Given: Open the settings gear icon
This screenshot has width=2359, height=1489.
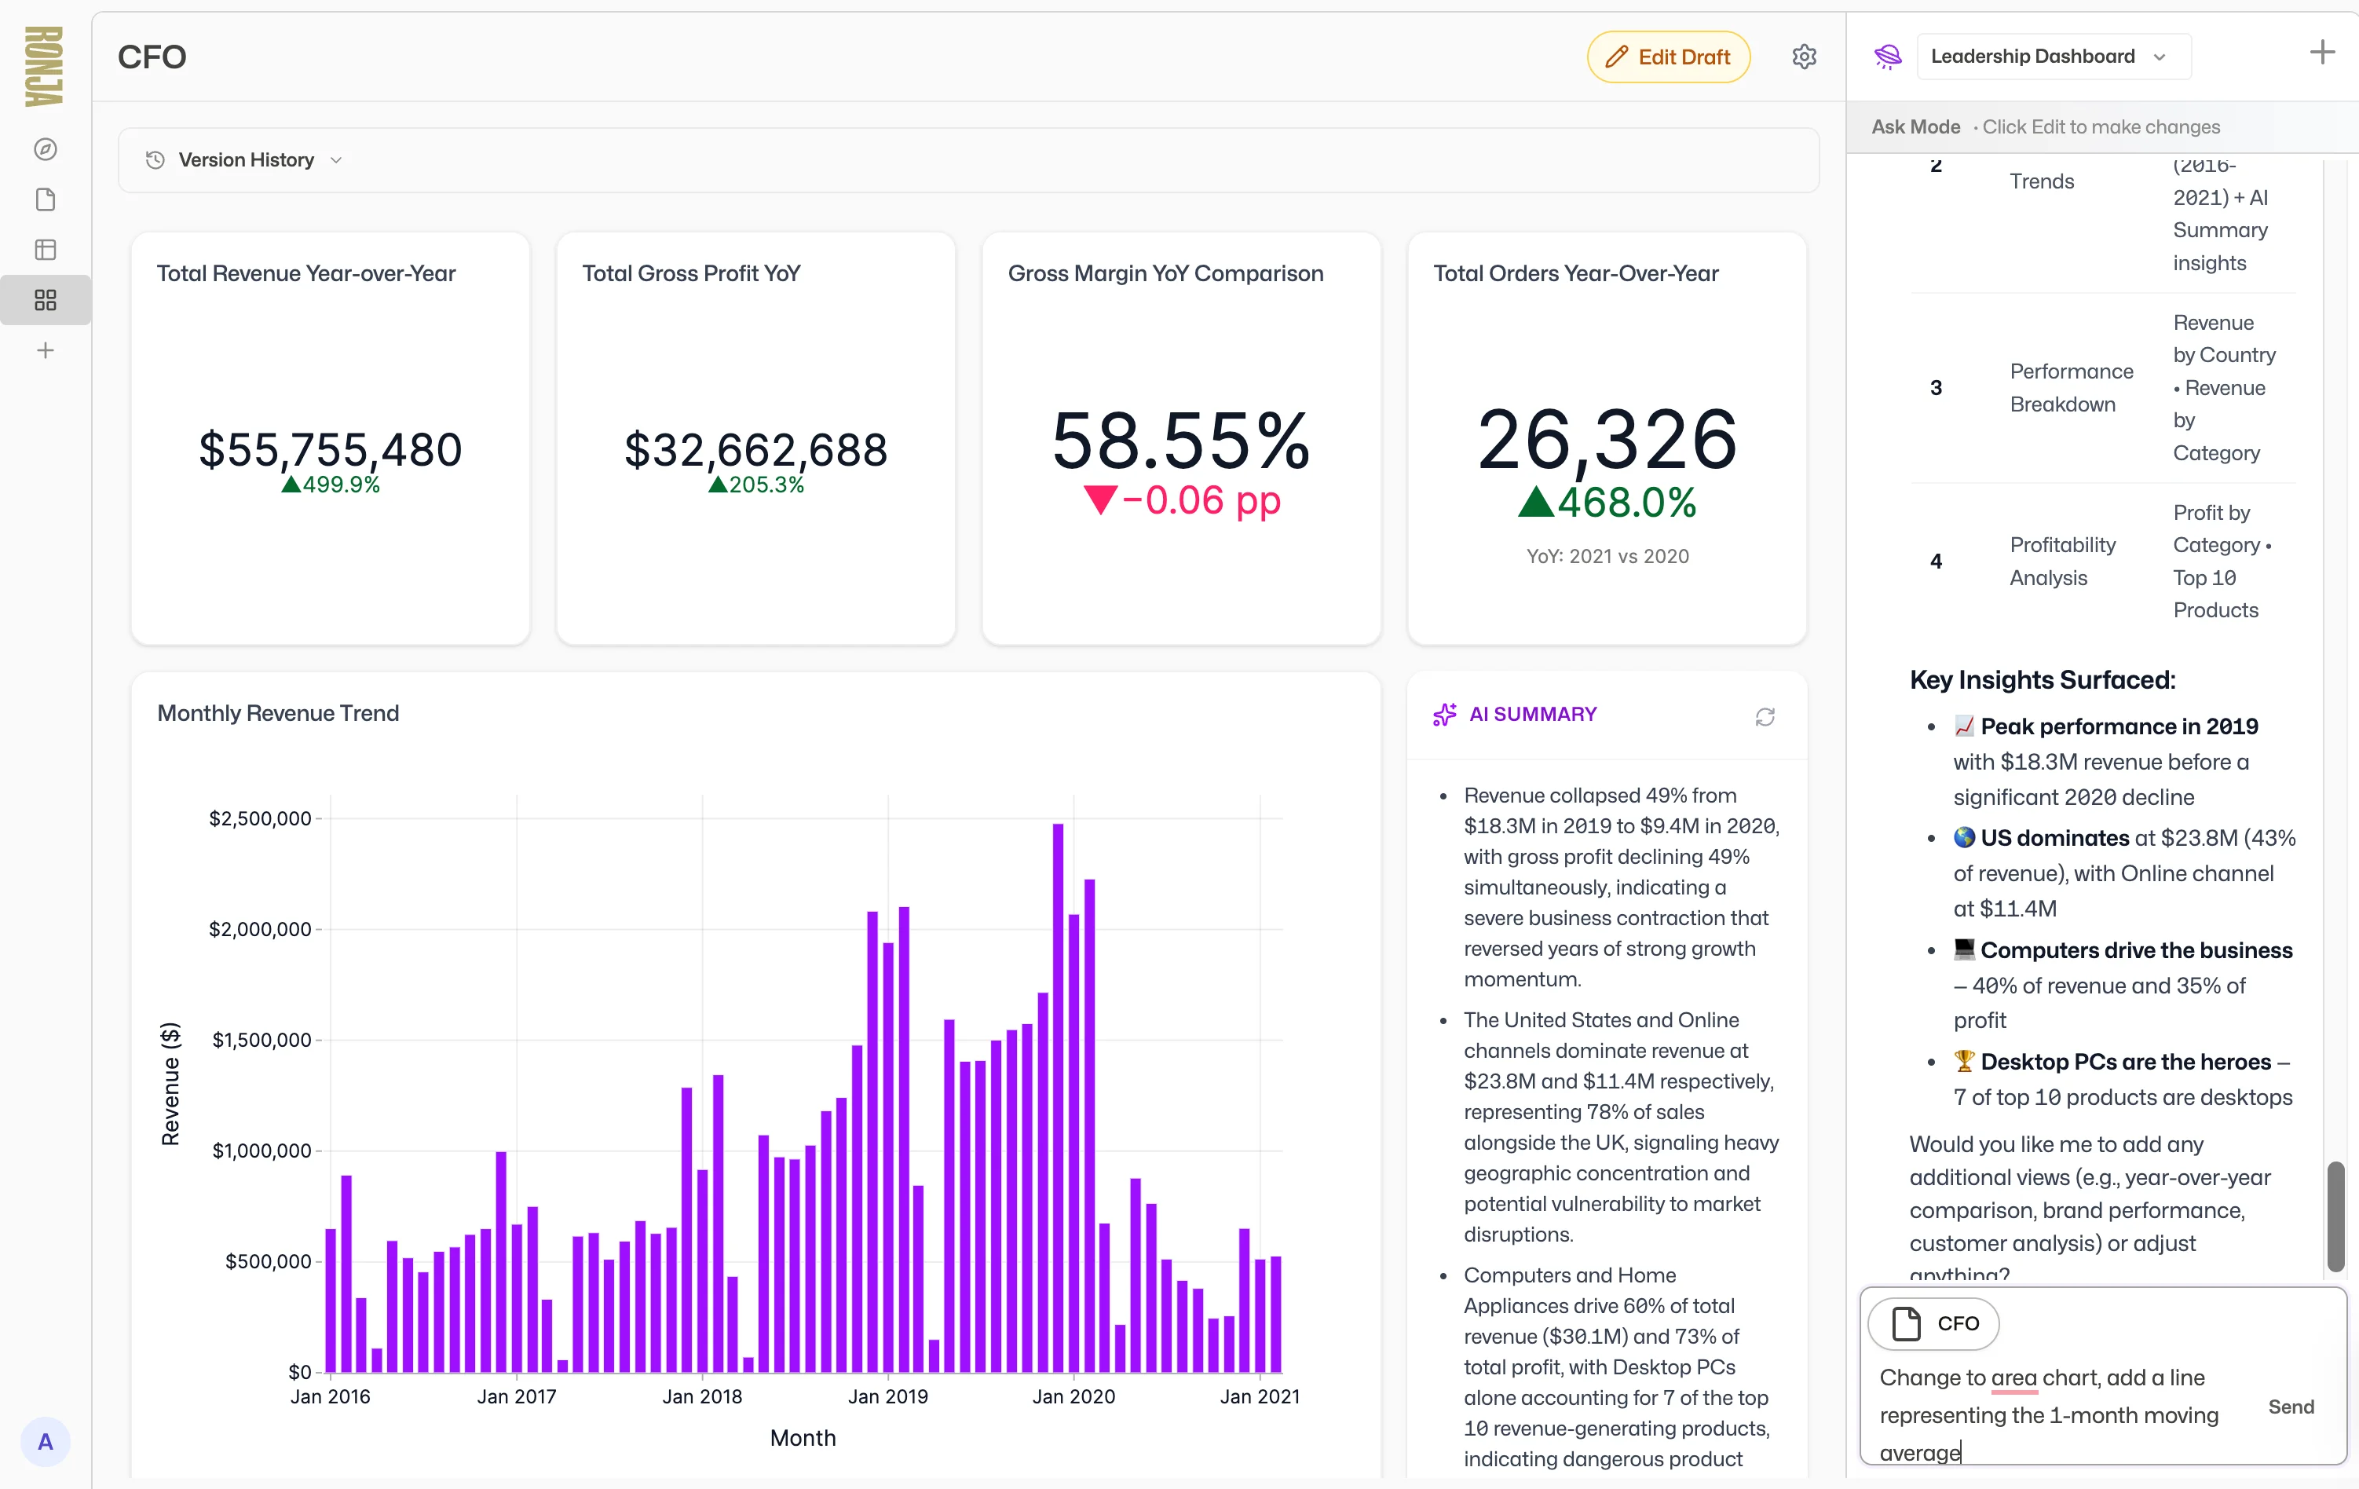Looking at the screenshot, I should click(x=1804, y=57).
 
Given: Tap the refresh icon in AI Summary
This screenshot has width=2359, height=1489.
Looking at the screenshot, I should click(x=1765, y=717).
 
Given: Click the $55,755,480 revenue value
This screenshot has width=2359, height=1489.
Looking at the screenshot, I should click(x=330, y=450).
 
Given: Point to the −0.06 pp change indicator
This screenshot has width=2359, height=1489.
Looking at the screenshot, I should click(x=1183, y=500).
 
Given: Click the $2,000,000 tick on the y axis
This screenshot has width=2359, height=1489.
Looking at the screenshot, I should click(x=260, y=929).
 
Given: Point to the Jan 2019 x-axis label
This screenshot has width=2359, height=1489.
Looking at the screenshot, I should click(x=887, y=1396).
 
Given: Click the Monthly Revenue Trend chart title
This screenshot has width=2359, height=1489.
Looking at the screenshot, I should click(x=278, y=713).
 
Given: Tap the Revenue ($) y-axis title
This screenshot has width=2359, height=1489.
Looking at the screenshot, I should click(x=170, y=1084).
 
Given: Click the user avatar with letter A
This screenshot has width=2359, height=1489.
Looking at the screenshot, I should click(x=45, y=1441).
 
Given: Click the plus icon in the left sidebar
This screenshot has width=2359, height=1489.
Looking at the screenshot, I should click(x=45, y=351).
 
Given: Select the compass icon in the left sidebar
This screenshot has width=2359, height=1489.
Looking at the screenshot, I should click(x=45, y=149).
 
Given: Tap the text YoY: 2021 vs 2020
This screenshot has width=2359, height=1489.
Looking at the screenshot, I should click(x=1607, y=557).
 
